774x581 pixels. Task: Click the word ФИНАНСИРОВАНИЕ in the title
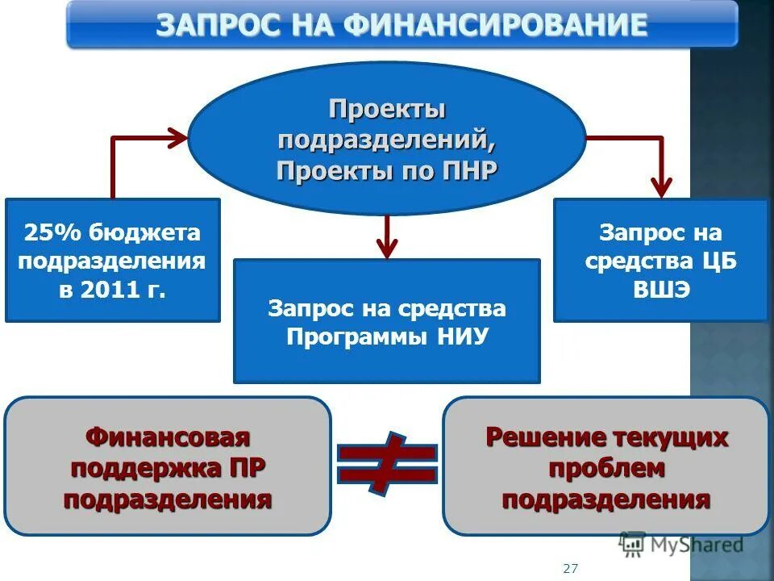[x=495, y=24]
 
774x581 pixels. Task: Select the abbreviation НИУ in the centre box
[x=462, y=336]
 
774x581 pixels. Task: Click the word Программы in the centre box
[x=356, y=336]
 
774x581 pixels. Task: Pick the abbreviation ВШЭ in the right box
[x=660, y=288]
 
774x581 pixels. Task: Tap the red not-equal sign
[x=387, y=463]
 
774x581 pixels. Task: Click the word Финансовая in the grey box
[x=168, y=437]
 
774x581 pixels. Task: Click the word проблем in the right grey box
[x=606, y=468]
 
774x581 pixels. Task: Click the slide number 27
[x=570, y=568]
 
